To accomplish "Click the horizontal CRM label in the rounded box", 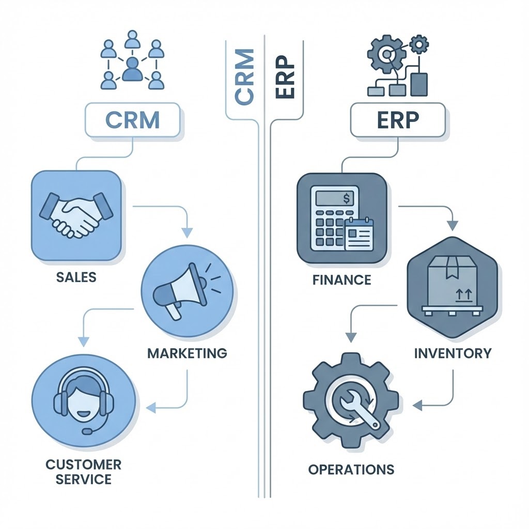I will (x=132, y=119).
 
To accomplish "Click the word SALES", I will (x=76, y=277).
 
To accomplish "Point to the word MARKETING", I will (x=187, y=353).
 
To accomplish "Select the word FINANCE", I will (x=341, y=280).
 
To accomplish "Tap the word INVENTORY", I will (x=453, y=353).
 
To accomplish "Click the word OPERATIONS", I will (x=351, y=469).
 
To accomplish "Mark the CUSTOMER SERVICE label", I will (x=83, y=471).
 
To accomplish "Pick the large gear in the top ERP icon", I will (x=384, y=54).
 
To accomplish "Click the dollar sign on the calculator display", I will (x=346, y=197).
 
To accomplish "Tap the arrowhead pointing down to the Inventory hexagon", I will (x=453, y=226).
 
